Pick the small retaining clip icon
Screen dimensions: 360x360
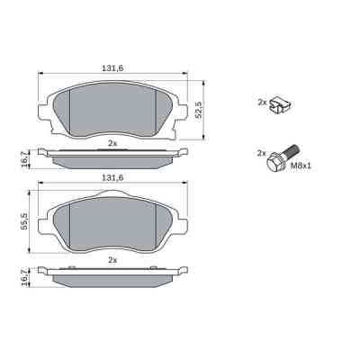[x=282, y=103]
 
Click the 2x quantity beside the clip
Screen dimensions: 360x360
[x=262, y=103]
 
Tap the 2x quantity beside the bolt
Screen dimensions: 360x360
[x=262, y=153]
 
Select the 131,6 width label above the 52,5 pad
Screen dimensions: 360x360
[x=112, y=66]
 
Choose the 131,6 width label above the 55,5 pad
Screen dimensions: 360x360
[x=112, y=179]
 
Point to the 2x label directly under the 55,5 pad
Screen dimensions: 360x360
[x=112, y=259]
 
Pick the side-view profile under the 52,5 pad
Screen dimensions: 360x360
[x=112, y=159]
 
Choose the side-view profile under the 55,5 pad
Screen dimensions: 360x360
[x=112, y=277]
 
